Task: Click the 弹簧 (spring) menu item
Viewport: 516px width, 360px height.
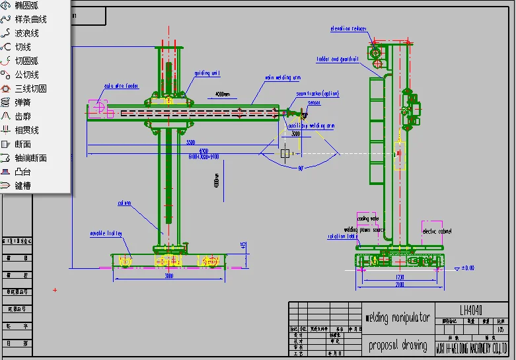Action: (x=22, y=102)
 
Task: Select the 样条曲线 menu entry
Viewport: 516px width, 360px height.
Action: (x=30, y=19)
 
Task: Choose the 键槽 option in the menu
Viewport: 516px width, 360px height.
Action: (x=22, y=186)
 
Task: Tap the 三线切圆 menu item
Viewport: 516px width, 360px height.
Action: (x=30, y=89)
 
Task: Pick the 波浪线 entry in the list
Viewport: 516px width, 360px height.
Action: (x=26, y=33)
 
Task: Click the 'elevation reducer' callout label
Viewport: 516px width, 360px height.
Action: (x=349, y=28)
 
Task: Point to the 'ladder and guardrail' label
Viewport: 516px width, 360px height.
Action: (x=337, y=59)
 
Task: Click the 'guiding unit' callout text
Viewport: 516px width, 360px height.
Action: (x=207, y=73)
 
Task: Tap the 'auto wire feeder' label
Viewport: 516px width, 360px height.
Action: (x=120, y=86)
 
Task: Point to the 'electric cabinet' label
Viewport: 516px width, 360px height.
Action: (x=437, y=231)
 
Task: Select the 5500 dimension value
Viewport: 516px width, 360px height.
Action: (x=190, y=143)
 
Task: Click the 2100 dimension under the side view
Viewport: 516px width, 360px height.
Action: (x=400, y=285)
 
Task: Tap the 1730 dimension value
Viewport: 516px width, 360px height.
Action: (x=400, y=277)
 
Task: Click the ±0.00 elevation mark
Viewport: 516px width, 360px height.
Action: (x=467, y=268)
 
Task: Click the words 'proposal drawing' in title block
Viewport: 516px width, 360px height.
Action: (x=397, y=345)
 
